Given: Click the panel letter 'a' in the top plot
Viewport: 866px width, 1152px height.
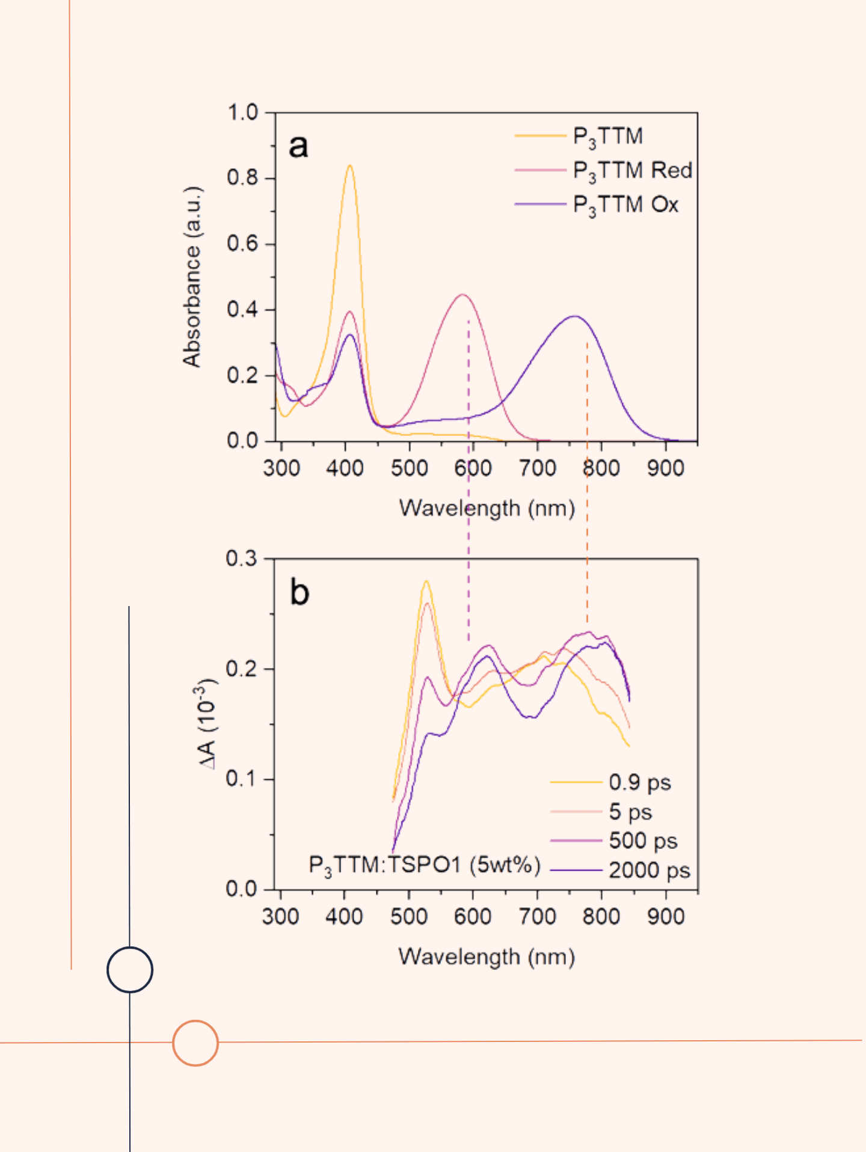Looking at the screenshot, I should point(299,147).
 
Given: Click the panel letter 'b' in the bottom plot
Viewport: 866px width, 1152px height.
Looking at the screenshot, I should point(299,592).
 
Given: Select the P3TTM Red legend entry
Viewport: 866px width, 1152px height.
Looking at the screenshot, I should point(631,171).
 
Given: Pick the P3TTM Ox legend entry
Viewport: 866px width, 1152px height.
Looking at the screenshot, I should point(625,205).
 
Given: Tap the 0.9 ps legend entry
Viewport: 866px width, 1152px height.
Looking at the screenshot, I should point(639,782).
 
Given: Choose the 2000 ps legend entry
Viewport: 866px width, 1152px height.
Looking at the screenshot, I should point(649,870).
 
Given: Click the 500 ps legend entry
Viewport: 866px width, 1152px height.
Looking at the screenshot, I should point(642,841).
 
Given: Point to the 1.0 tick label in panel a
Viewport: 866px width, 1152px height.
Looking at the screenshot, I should point(242,112).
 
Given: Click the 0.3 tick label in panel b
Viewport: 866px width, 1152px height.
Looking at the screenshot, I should point(241,559).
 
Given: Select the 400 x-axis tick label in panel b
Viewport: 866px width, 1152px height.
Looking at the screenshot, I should point(344,917).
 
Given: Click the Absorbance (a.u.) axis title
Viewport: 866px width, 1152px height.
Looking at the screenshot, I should point(192,277).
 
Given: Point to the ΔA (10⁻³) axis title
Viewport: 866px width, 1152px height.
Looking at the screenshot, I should point(207,724).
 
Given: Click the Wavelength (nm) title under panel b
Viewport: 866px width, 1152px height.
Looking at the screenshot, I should point(487,957).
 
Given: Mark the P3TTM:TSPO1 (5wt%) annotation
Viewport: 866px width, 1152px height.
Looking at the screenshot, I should point(425,865).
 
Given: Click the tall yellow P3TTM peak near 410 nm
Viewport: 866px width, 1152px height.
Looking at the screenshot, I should point(350,166).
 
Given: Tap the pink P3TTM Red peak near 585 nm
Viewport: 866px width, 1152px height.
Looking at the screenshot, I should point(462,295).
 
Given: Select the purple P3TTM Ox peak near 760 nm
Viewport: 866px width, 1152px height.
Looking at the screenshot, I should point(575,316).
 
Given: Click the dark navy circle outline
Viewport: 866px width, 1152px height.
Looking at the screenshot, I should point(130,970).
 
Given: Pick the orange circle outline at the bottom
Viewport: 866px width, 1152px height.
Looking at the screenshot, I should point(195,1043).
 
